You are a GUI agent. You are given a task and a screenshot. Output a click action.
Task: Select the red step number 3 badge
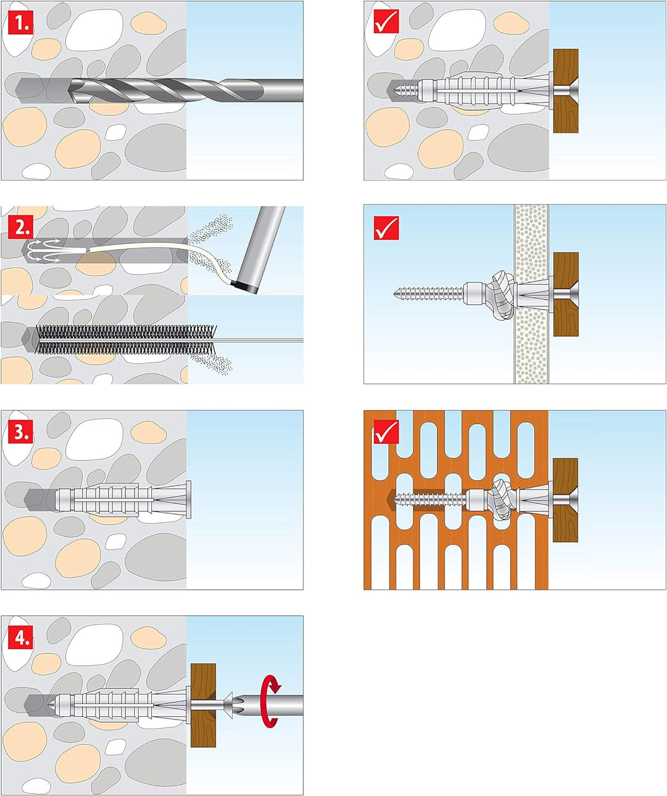(22, 432)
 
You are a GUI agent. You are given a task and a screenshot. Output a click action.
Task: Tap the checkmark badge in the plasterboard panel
(387, 228)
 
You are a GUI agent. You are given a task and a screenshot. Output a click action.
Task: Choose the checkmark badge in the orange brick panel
(387, 432)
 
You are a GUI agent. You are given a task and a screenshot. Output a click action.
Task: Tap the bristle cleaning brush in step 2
(117, 340)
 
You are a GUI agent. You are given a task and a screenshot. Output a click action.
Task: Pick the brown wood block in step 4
(203, 705)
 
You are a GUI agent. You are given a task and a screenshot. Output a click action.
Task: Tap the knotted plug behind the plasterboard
(499, 293)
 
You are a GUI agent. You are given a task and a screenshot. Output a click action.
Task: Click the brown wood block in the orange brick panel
(564, 500)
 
